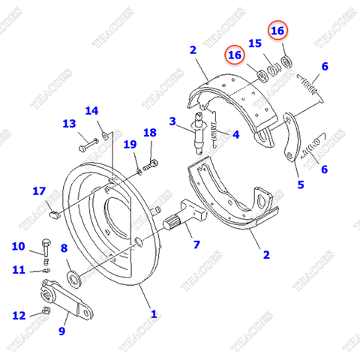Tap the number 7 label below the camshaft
(x=196, y=244)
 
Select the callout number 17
(x=39, y=191)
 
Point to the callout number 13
(x=69, y=124)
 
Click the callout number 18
(x=150, y=133)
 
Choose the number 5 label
(x=301, y=184)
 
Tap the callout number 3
(x=172, y=121)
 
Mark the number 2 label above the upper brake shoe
(x=193, y=50)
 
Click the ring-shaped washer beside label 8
(x=76, y=280)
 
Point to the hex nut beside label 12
(x=46, y=311)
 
